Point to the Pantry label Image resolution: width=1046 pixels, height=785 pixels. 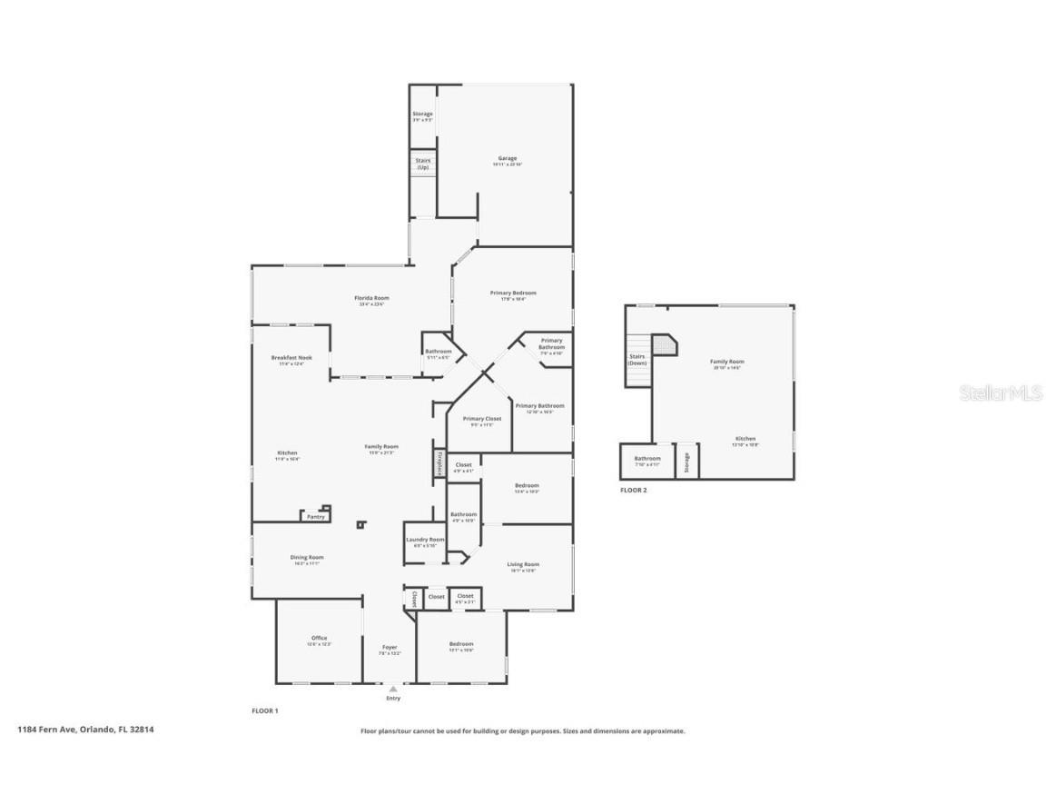coord(315,516)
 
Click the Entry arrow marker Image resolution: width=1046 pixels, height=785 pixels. coord(393,690)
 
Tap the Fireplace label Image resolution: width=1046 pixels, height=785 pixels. coord(439,463)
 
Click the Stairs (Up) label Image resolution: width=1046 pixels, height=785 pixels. coord(422,164)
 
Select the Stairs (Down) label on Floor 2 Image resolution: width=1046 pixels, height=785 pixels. coord(636,359)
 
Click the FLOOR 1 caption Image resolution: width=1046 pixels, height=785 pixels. coord(264,710)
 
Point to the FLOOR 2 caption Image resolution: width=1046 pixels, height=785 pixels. coord(633,490)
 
